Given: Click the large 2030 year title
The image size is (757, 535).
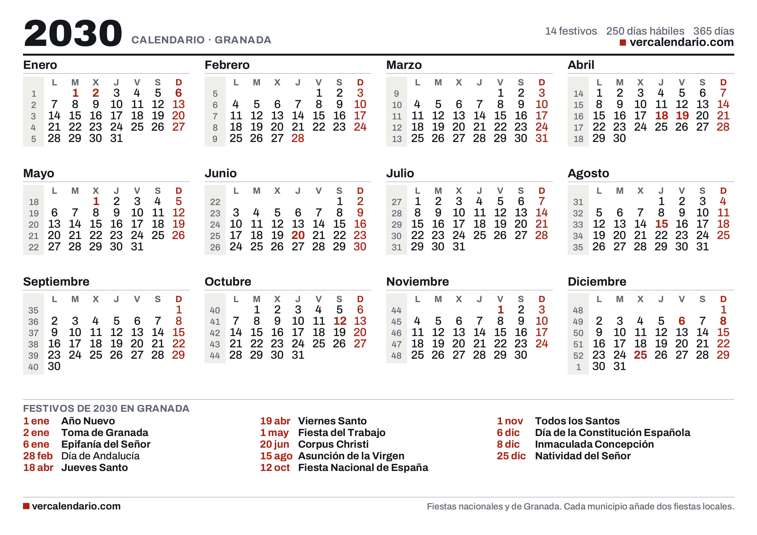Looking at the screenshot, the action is pos(73,33).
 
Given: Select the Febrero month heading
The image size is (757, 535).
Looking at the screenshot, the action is pos(227,65).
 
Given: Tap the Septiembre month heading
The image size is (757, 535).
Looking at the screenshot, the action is pos(56,282).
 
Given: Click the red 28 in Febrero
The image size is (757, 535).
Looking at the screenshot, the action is pos(298,138).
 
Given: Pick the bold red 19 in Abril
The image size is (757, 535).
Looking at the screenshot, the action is pos(682,115).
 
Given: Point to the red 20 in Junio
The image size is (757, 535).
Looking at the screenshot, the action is pos(298,235).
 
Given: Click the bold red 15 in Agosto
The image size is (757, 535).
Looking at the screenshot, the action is pos(661,224).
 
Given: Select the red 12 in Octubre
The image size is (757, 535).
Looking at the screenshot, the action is pos(340,321).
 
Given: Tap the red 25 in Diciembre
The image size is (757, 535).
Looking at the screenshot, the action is pos(640,355).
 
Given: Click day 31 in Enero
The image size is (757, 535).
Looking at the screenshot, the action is pos(117,138).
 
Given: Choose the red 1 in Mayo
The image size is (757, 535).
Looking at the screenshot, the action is pos(96,201).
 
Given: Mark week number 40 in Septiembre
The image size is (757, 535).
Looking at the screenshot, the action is pos(33,367).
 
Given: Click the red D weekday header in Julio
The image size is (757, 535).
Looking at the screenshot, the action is pos(542,191).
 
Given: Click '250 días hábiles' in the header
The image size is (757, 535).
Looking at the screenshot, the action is pos(645,31).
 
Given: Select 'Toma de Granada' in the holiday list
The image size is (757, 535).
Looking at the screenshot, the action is pos(105,432).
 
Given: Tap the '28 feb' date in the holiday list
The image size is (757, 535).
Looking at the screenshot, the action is pos(38,456).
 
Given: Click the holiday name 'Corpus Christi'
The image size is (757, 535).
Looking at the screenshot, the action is pos(333,444).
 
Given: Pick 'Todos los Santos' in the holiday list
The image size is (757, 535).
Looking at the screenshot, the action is pos(577,421).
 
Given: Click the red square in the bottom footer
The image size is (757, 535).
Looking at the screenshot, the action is pos(26,506).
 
